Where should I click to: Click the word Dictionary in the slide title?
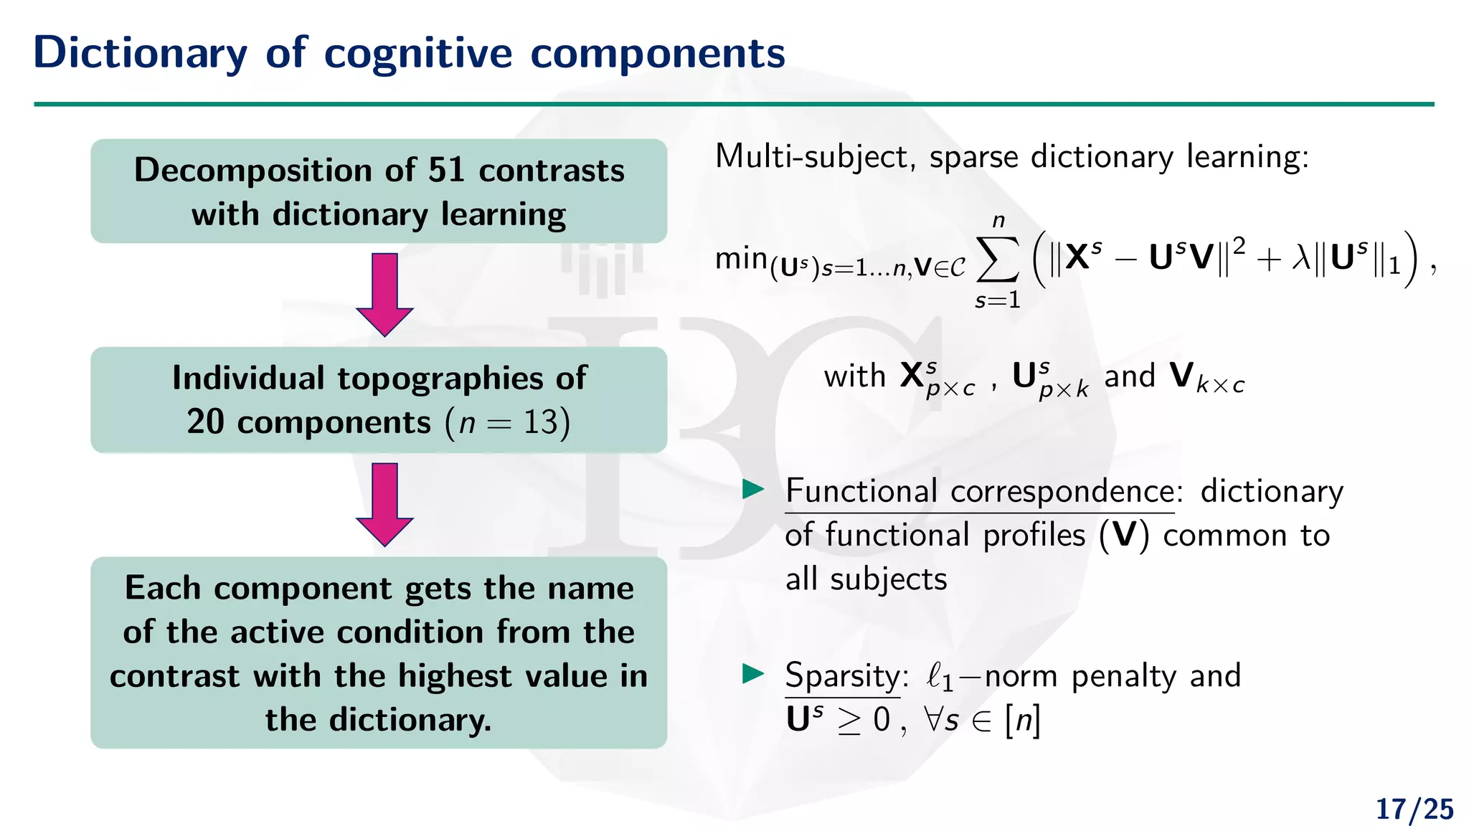point(140,54)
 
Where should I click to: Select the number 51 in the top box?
point(445,171)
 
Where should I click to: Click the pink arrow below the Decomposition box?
point(385,294)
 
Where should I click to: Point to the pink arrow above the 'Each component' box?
point(385,504)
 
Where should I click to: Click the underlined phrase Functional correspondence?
point(980,492)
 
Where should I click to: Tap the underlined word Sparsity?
point(842,676)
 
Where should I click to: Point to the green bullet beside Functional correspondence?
point(753,490)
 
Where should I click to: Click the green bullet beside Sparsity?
point(753,674)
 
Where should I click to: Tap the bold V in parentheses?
point(1124,536)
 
